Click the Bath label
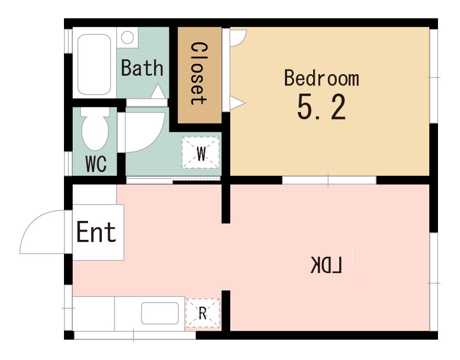[142, 67]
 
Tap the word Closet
[199, 74]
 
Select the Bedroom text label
[321, 78]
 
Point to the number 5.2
[321, 107]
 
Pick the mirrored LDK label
[326, 265]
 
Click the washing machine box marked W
[201, 153]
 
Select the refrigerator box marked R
[203, 313]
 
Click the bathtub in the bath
[94, 64]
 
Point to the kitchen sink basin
[160, 313]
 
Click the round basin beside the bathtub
[127, 37]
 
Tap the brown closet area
[200, 75]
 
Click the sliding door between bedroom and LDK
[329, 180]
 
